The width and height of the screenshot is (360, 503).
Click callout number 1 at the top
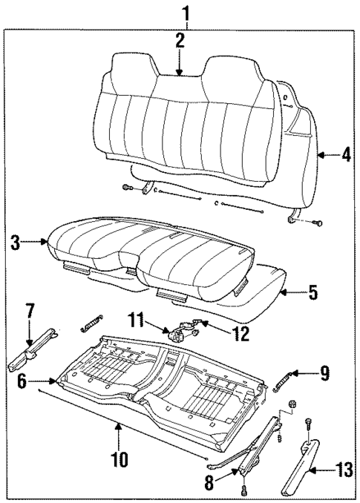(186, 13)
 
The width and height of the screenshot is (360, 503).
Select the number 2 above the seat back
(180, 41)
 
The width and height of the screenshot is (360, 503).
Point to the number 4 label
(346, 157)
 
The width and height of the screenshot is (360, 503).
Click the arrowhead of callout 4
(320, 157)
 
